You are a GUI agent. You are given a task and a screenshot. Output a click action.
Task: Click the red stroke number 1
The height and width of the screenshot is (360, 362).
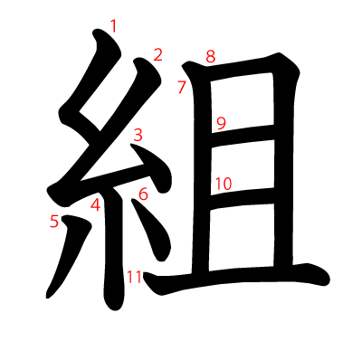(113, 26)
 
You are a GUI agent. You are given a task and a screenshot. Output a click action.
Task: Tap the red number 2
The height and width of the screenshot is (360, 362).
(157, 55)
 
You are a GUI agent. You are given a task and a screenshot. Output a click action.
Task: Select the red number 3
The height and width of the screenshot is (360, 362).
(138, 136)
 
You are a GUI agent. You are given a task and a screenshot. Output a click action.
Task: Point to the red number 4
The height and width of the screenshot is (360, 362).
(95, 204)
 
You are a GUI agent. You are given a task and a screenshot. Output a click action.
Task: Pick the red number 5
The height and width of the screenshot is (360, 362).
(54, 220)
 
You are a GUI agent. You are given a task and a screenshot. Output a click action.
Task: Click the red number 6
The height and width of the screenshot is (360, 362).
(143, 193)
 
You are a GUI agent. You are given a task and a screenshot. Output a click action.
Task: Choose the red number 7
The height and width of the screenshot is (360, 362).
(181, 88)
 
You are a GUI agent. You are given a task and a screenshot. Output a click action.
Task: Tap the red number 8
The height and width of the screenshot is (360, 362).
(210, 57)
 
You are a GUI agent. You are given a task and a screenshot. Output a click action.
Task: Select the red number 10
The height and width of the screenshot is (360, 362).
(224, 184)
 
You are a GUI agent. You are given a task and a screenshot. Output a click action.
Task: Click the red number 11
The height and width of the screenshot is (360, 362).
(134, 277)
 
